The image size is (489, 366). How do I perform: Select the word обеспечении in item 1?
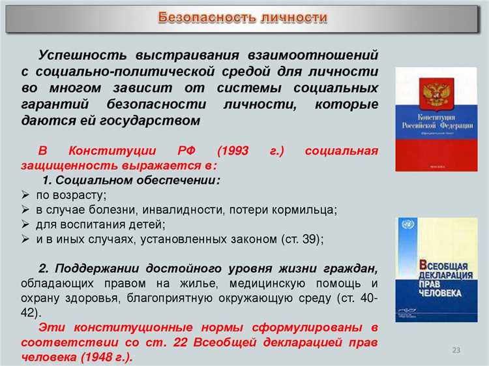(x=180, y=180)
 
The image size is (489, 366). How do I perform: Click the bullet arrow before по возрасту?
(x=25, y=195)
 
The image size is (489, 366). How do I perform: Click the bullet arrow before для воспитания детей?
(x=25, y=225)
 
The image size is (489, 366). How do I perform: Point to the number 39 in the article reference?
(x=307, y=239)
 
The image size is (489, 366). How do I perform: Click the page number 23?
(x=456, y=351)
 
